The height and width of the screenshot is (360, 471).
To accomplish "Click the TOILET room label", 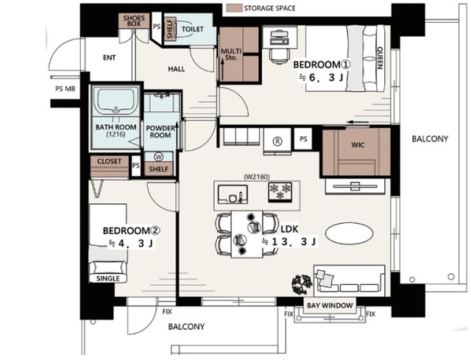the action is pyautogui.click(x=193, y=29).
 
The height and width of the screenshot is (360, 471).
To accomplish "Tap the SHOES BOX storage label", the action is pyautogui.click(x=134, y=21).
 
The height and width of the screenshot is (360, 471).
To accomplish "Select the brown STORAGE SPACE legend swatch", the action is pyautogui.click(x=234, y=8).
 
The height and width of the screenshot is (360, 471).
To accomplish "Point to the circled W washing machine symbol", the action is pyautogui.click(x=159, y=157).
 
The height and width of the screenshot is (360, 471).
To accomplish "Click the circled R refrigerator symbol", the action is pyautogui.click(x=277, y=141).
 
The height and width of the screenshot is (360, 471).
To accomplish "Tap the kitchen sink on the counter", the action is pyautogui.click(x=233, y=194).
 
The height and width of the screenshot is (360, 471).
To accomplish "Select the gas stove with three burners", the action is pyautogui.click(x=280, y=191).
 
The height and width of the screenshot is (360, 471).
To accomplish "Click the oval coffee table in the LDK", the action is pyautogui.click(x=350, y=233).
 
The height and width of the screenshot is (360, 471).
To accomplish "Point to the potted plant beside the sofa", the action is pyautogui.click(x=302, y=284).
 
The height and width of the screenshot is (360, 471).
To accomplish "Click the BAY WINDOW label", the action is pyautogui.click(x=330, y=306).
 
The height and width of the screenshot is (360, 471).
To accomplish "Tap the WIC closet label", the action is pyautogui.click(x=358, y=145).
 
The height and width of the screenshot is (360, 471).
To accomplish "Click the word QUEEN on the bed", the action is pyautogui.click(x=380, y=57).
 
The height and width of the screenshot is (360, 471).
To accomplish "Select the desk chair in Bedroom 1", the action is pyautogui.click(x=280, y=56).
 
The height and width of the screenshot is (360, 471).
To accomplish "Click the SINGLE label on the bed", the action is pyautogui.click(x=108, y=278).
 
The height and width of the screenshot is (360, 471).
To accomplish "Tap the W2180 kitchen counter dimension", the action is pyautogui.click(x=257, y=177).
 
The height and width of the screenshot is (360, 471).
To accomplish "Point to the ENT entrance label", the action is pyautogui.click(x=109, y=57).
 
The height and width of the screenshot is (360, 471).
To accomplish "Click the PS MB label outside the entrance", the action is pyautogui.click(x=65, y=89).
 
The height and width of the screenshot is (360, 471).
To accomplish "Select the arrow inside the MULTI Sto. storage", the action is pyautogui.click(x=222, y=70).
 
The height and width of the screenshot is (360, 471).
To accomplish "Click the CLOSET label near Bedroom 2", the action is pyautogui.click(x=110, y=161).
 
